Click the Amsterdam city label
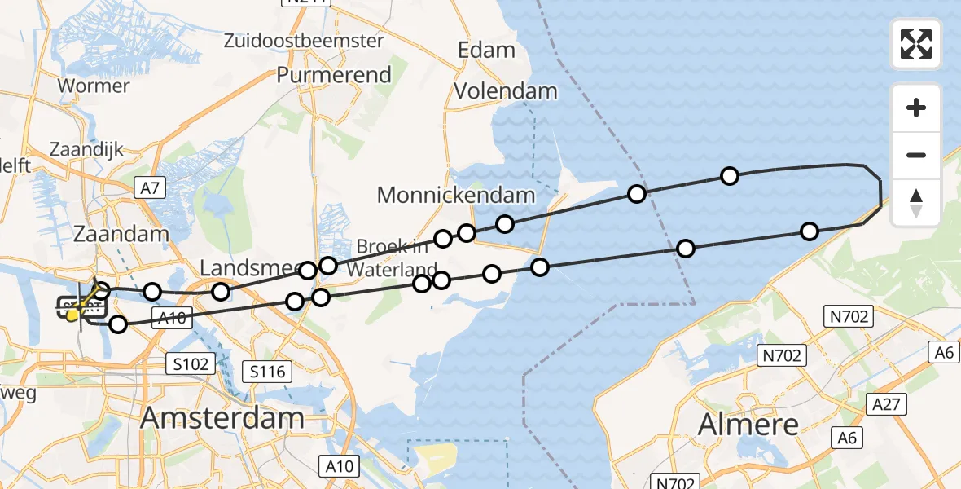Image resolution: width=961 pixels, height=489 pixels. pyautogui.click(x=222, y=418)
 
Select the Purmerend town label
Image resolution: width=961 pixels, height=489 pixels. pyautogui.click(x=334, y=75)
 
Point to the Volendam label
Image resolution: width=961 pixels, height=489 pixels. pyautogui.click(x=506, y=90)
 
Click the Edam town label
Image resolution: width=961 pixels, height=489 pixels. pyautogui.click(x=486, y=50)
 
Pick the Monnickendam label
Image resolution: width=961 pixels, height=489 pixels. pyautogui.click(x=455, y=195)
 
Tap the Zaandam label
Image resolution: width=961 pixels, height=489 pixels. pyautogui.click(x=121, y=234)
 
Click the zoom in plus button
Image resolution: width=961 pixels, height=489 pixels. pyautogui.click(x=916, y=108)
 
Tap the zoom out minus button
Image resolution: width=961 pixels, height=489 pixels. pyautogui.click(x=916, y=155)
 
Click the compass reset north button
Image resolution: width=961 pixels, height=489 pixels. pyautogui.click(x=916, y=203)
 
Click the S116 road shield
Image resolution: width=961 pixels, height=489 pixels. pyautogui.click(x=267, y=372)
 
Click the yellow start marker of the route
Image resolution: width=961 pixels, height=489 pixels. pyautogui.click(x=74, y=314)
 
